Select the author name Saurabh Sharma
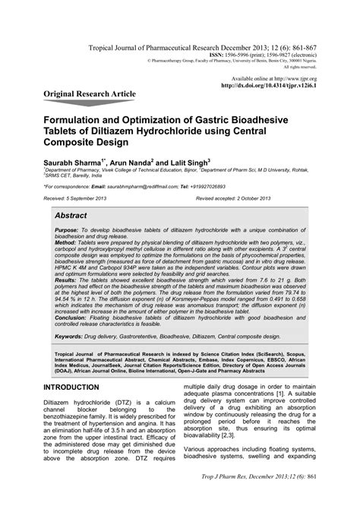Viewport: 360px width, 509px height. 76,163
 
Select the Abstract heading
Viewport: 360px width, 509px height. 77,217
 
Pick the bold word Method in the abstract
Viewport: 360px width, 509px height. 68,251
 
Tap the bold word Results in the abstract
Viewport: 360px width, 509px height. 69,301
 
